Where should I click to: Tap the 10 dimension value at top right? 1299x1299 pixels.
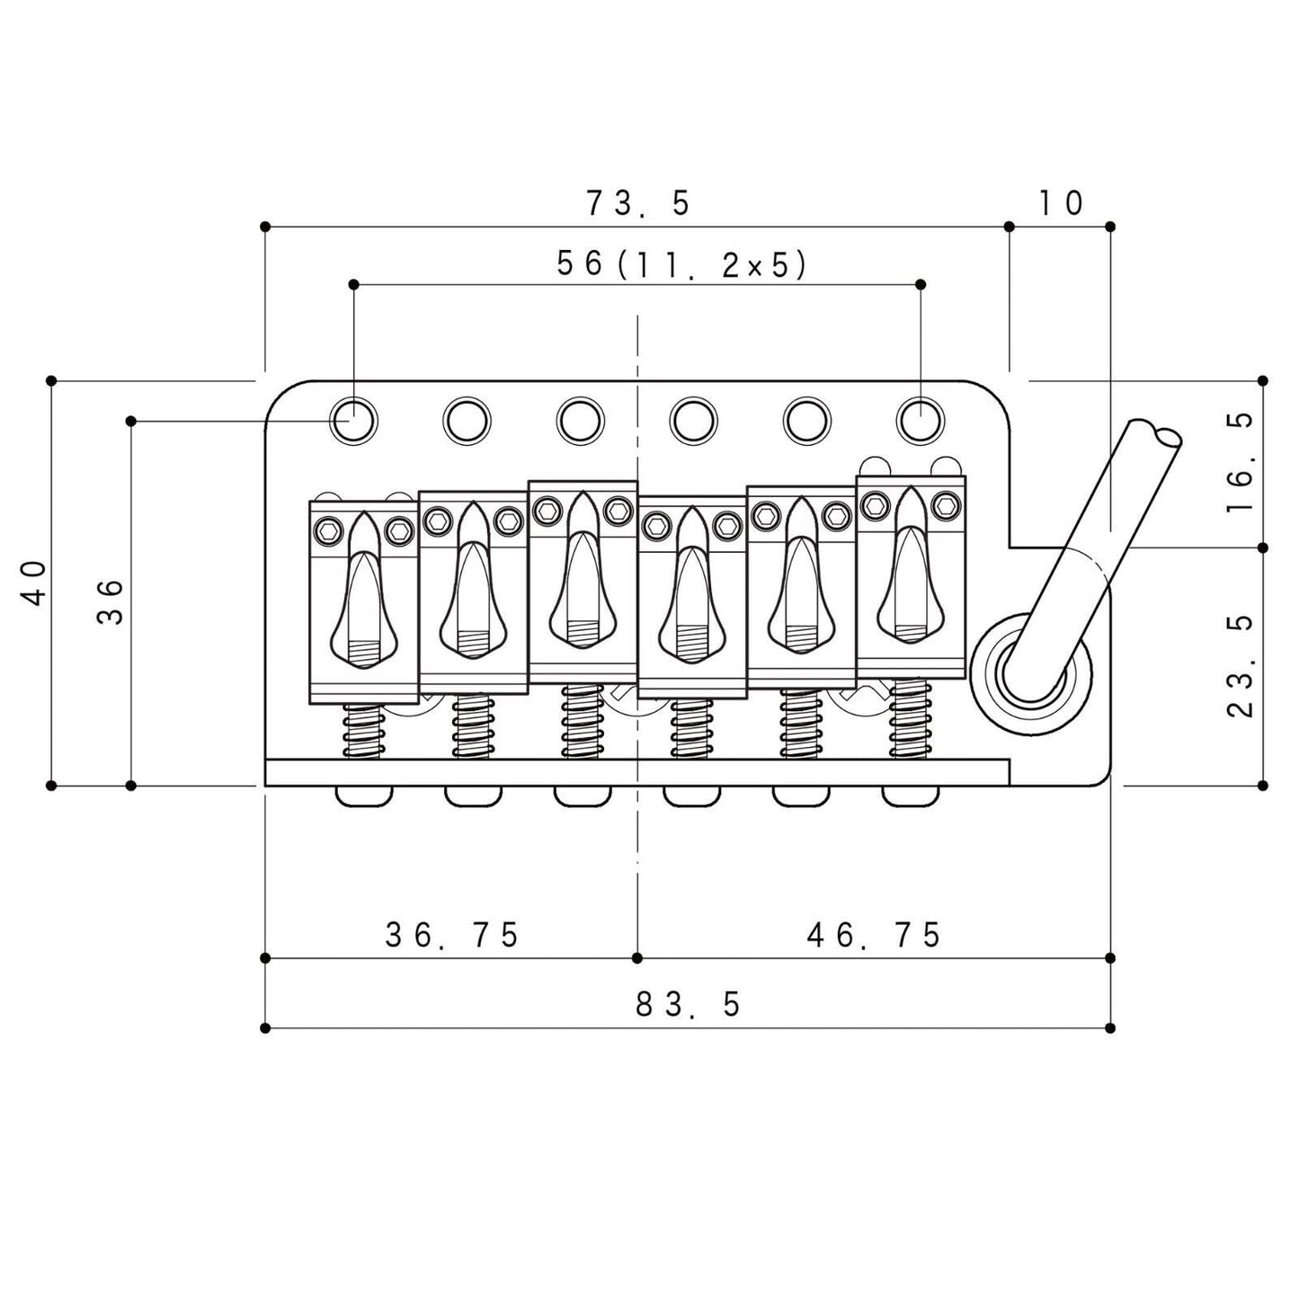click(x=1061, y=203)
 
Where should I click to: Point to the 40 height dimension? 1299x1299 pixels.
click(x=34, y=583)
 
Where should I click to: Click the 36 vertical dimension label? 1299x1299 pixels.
click(x=109, y=601)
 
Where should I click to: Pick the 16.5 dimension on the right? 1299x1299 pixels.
click(x=1240, y=463)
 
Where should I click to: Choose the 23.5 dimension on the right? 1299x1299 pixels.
click(x=1240, y=666)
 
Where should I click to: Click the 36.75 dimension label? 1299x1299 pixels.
click(x=452, y=935)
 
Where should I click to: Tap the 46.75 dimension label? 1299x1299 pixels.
click(x=873, y=935)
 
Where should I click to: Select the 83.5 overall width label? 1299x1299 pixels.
click(x=688, y=1004)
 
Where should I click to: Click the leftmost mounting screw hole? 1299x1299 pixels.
click(x=353, y=420)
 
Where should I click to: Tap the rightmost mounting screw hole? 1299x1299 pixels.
click(x=921, y=420)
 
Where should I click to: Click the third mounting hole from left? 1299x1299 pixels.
click(x=580, y=420)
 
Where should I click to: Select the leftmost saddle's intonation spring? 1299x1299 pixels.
click(x=362, y=730)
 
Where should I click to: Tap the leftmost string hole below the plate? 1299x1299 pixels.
click(x=365, y=796)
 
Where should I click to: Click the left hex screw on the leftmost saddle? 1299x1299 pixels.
click(x=326, y=532)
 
